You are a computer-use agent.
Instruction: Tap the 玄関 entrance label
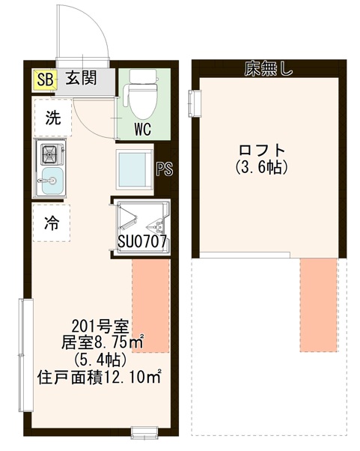pos(79,79)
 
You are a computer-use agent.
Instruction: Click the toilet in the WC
pos(141,93)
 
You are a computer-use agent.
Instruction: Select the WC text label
pos(143,128)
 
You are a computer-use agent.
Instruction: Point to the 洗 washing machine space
pos(52,118)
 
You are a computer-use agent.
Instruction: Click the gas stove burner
pos(52,154)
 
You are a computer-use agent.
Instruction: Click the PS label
pos(165,169)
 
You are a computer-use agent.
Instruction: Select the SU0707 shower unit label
pos(142,242)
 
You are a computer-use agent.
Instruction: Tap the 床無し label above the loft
pos(268,69)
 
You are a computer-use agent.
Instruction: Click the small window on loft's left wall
pos(196,100)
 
